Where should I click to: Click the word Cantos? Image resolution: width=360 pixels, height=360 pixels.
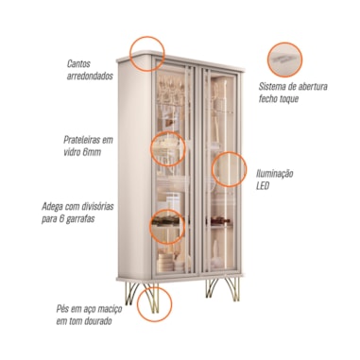78,63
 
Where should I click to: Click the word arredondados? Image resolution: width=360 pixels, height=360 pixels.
90,77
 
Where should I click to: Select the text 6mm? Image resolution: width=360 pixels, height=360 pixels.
92,152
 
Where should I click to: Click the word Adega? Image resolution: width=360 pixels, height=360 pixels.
52,207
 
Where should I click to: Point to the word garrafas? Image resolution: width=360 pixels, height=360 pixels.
79,219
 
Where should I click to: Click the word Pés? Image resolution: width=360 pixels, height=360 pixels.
63,309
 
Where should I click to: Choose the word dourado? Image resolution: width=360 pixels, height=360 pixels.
97,321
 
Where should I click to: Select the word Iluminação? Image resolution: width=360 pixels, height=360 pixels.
275,174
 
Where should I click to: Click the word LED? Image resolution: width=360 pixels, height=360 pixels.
263,186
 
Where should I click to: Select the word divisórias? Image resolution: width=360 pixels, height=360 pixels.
97,207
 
